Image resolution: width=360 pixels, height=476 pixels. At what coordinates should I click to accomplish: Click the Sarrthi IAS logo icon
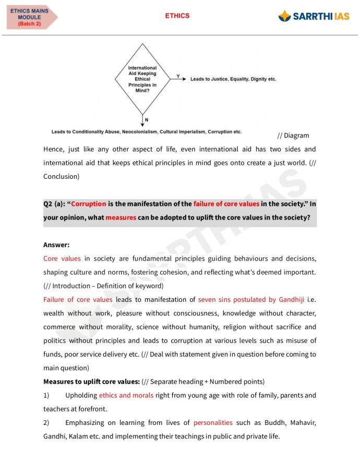[x=284, y=16]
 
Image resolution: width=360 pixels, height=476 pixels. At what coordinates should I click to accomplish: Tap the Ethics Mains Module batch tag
[x=30, y=17]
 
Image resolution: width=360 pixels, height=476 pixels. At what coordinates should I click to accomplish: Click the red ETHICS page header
[x=177, y=16]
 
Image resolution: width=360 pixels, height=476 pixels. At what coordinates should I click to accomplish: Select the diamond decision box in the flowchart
[x=142, y=79]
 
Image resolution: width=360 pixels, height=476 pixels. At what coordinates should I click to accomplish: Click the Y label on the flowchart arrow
[x=178, y=76]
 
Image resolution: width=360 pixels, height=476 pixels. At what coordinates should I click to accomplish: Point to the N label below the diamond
[x=147, y=120]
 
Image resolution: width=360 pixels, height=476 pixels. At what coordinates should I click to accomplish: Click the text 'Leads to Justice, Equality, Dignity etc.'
[x=233, y=79]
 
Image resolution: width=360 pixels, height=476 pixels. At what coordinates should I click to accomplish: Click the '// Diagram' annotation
[x=293, y=136]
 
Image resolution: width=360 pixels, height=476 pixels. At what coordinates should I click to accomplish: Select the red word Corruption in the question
[x=88, y=204]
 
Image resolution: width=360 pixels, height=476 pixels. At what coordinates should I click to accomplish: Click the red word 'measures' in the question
[x=121, y=217]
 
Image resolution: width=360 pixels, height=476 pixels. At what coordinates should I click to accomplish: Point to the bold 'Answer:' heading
[x=56, y=245]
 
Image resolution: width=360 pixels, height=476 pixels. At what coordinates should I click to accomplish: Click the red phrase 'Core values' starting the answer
[x=62, y=259]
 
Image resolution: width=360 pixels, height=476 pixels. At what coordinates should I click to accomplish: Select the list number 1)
[x=46, y=395]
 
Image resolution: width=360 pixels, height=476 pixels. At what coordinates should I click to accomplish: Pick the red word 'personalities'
[x=213, y=422]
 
